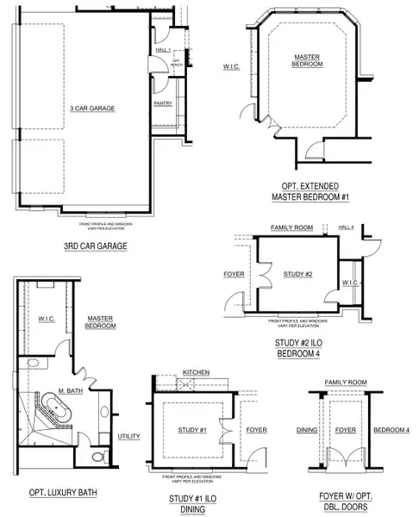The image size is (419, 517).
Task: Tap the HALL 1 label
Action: click(163, 50)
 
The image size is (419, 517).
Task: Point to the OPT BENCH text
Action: click(175, 61)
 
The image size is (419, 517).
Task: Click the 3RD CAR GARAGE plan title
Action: click(96, 246)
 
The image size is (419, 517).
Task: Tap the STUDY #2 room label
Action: click(296, 274)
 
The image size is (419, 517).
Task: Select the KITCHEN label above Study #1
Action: click(196, 371)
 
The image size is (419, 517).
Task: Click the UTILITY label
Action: click(128, 436)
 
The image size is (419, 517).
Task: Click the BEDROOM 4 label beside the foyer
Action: click(390, 428)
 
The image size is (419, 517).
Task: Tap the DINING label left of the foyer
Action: click(308, 428)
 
